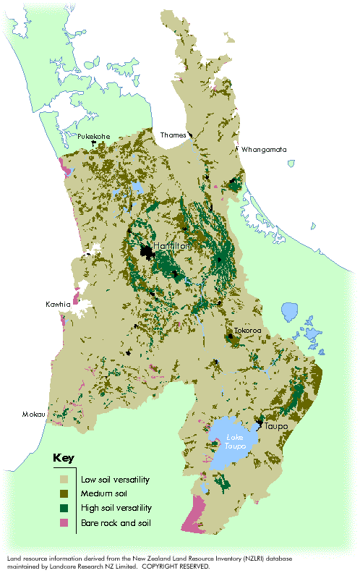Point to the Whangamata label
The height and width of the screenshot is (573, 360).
tap(265, 150)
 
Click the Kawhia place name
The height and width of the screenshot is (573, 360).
tap(58, 304)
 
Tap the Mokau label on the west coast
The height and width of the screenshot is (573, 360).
tap(33, 415)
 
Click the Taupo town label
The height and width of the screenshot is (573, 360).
tap(276, 426)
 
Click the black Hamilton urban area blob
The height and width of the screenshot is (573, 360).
tap(147, 252)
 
